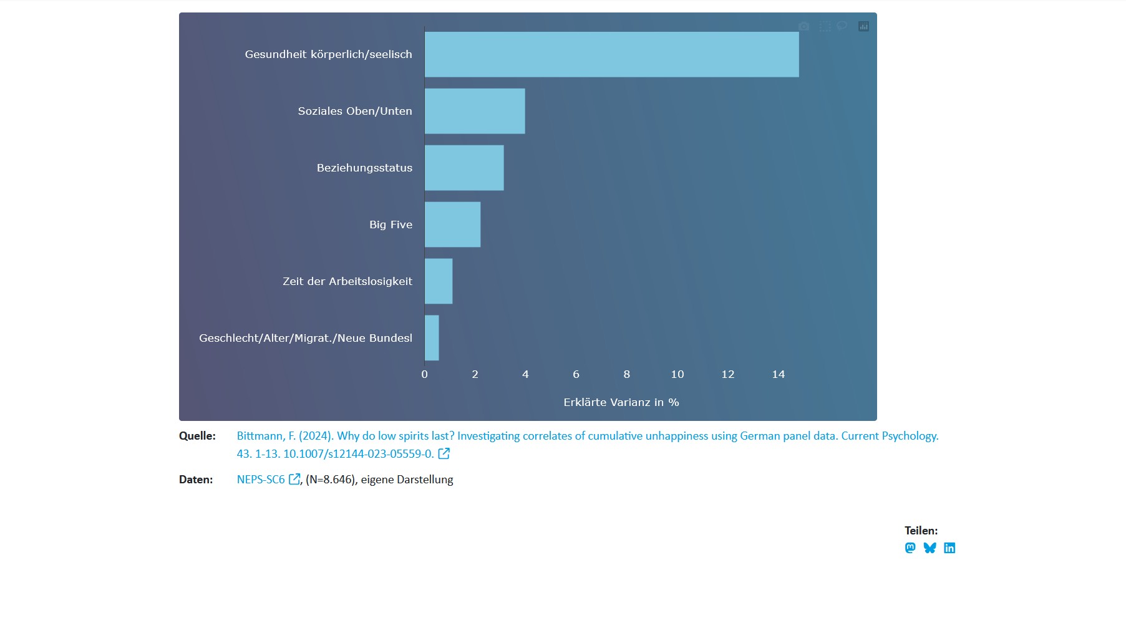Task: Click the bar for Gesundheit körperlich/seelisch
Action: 611,54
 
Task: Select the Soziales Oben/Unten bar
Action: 475,111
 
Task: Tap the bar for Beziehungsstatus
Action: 464,168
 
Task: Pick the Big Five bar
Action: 452,225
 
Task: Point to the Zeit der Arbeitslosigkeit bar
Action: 439,281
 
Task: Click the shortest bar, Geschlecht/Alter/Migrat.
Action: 432,338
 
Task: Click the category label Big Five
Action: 391,225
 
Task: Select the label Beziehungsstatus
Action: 364,168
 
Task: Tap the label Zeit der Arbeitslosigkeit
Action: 347,281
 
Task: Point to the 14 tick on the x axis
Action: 778,374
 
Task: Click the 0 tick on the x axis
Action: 425,374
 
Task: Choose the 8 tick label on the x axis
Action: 627,374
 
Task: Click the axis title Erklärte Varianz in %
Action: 621,402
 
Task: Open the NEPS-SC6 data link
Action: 261,480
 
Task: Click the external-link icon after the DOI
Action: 444,453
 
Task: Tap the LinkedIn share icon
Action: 949,548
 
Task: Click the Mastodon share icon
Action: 910,548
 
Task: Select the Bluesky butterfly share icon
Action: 930,548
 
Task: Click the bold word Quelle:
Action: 197,436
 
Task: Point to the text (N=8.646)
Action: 331,480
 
